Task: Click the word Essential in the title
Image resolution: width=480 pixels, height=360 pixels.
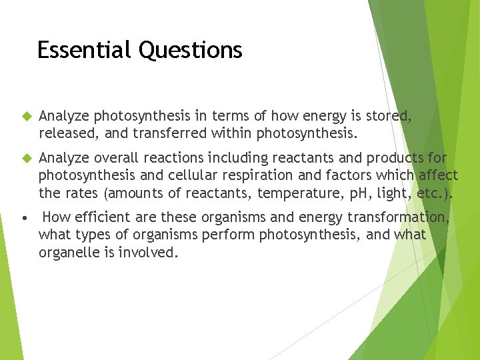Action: (85, 50)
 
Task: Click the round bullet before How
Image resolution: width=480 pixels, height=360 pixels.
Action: (24, 218)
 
